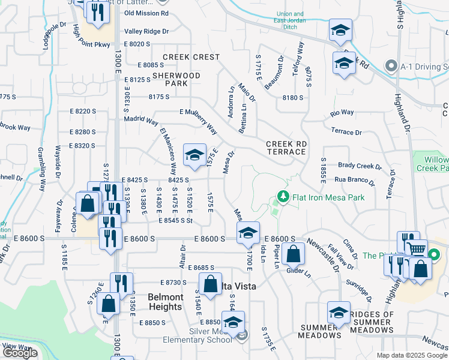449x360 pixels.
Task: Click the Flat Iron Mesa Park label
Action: pyautogui.click(x=328, y=196)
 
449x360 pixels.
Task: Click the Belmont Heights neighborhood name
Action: pyautogui.click(x=165, y=302)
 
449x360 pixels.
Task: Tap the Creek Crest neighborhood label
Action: pyautogui.click(x=183, y=57)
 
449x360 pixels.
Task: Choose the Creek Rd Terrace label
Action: pyautogui.click(x=286, y=148)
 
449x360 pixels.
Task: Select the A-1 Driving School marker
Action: pyautogui.click(x=391, y=65)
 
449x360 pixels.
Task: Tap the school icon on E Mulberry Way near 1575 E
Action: pyautogui.click(x=194, y=155)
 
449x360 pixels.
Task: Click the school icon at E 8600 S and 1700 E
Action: pyautogui.click(x=247, y=233)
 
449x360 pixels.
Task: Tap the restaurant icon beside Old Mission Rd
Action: pyautogui.click(x=101, y=11)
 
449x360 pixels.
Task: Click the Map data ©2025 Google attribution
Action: pyautogui.click(x=412, y=355)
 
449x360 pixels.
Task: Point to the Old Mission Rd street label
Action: pyautogui.click(x=146, y=13)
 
